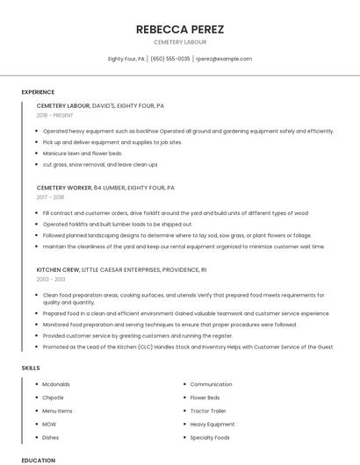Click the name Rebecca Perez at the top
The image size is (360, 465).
pos(180,29)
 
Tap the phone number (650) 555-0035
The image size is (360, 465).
pos(170,59)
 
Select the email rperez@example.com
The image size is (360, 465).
pos(224,59)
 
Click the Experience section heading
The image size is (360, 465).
pos(38,92)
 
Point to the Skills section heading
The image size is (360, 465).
pos(31,368)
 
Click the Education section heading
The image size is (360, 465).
pos(38,460)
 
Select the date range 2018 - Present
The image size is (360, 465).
pos(56,115)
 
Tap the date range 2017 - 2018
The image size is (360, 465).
pos(51,197)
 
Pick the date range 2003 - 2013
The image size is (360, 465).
pos(51,279)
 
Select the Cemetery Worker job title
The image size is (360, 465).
pos(63,188)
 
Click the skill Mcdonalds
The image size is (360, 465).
pos(56,384)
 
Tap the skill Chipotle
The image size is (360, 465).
pos(53,397)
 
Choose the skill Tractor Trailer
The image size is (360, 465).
pos(208,411)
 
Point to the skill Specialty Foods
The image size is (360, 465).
pos(210,437)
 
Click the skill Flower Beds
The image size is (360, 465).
pos(205,397)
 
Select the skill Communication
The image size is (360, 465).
pos(211,384)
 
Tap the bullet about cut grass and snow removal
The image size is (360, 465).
pos(100,164)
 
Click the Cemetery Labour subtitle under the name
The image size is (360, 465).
pos(180,42)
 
